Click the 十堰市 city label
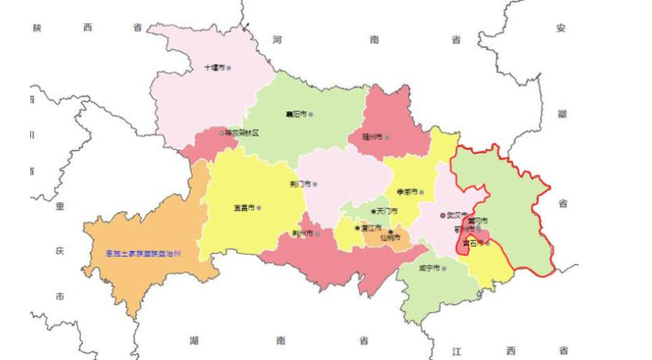click(213, 68)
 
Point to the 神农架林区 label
click(242, 133)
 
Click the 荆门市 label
click(300, 184)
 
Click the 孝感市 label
click(406, 192)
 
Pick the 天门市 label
click(387, 211)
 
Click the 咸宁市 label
click(428, 268)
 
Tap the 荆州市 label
click(301, 233)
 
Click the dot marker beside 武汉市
click(443, 216)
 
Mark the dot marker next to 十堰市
click(229, 68)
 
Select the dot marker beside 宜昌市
click(260, 208)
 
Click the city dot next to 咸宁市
click(443, 268)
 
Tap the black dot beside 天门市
click(373, 211)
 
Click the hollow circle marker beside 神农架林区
click(222, 133)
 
